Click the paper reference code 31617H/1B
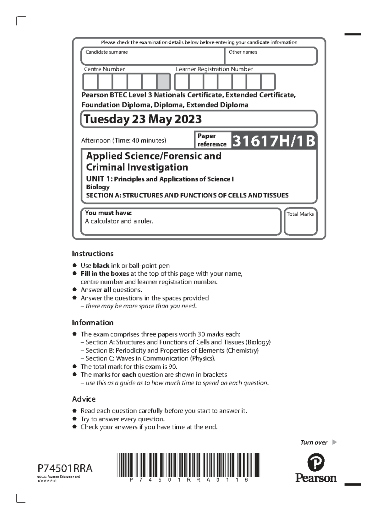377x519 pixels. pos(273,141)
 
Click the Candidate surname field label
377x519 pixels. pos(107,52)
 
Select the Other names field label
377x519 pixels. pos(243,52)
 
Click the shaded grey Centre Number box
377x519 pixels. pos(163,82)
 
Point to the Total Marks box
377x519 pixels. pos(300,222)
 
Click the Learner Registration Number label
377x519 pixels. pos(214,69)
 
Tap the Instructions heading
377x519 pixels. pos(92,254)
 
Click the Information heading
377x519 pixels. pos(92,322)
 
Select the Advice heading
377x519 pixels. pos(84,399)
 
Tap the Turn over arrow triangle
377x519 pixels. pos(334,442)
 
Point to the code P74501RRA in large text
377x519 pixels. pos(65,468)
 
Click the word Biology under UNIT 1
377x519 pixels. pos(98,187)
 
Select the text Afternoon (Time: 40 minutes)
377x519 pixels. pos(123,141)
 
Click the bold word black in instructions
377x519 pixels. pos(101,266)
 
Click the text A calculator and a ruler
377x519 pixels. pos(119,221)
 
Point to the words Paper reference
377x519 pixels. pos(211,140)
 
